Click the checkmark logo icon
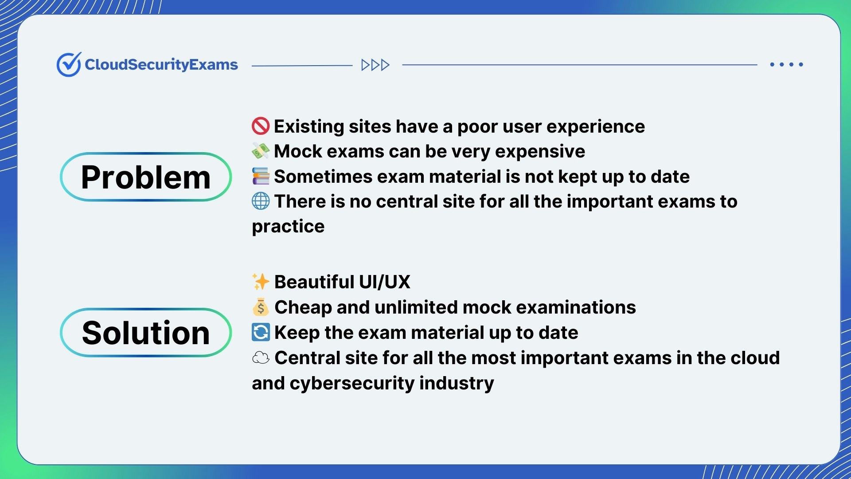pos(69,64)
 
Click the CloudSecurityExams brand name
pos(161,65)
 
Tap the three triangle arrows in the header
pos(375,65)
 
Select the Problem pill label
pos(146,177)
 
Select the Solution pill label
pos(146,333)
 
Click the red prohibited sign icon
pos(261,126)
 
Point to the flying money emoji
pos(261,151)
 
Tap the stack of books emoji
pos(261,176)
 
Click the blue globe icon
pos(261,201)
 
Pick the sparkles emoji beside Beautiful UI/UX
pos(261,282)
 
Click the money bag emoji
pos(261,307)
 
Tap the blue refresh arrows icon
pos(261,332)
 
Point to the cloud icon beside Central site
pos(261,357)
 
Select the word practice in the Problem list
pos(288,227)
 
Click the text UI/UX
pos(384,282)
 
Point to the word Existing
pos(309,127)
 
